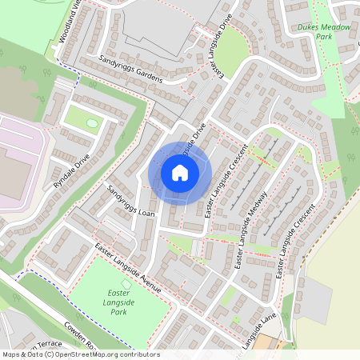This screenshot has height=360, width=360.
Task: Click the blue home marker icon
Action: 180,173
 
